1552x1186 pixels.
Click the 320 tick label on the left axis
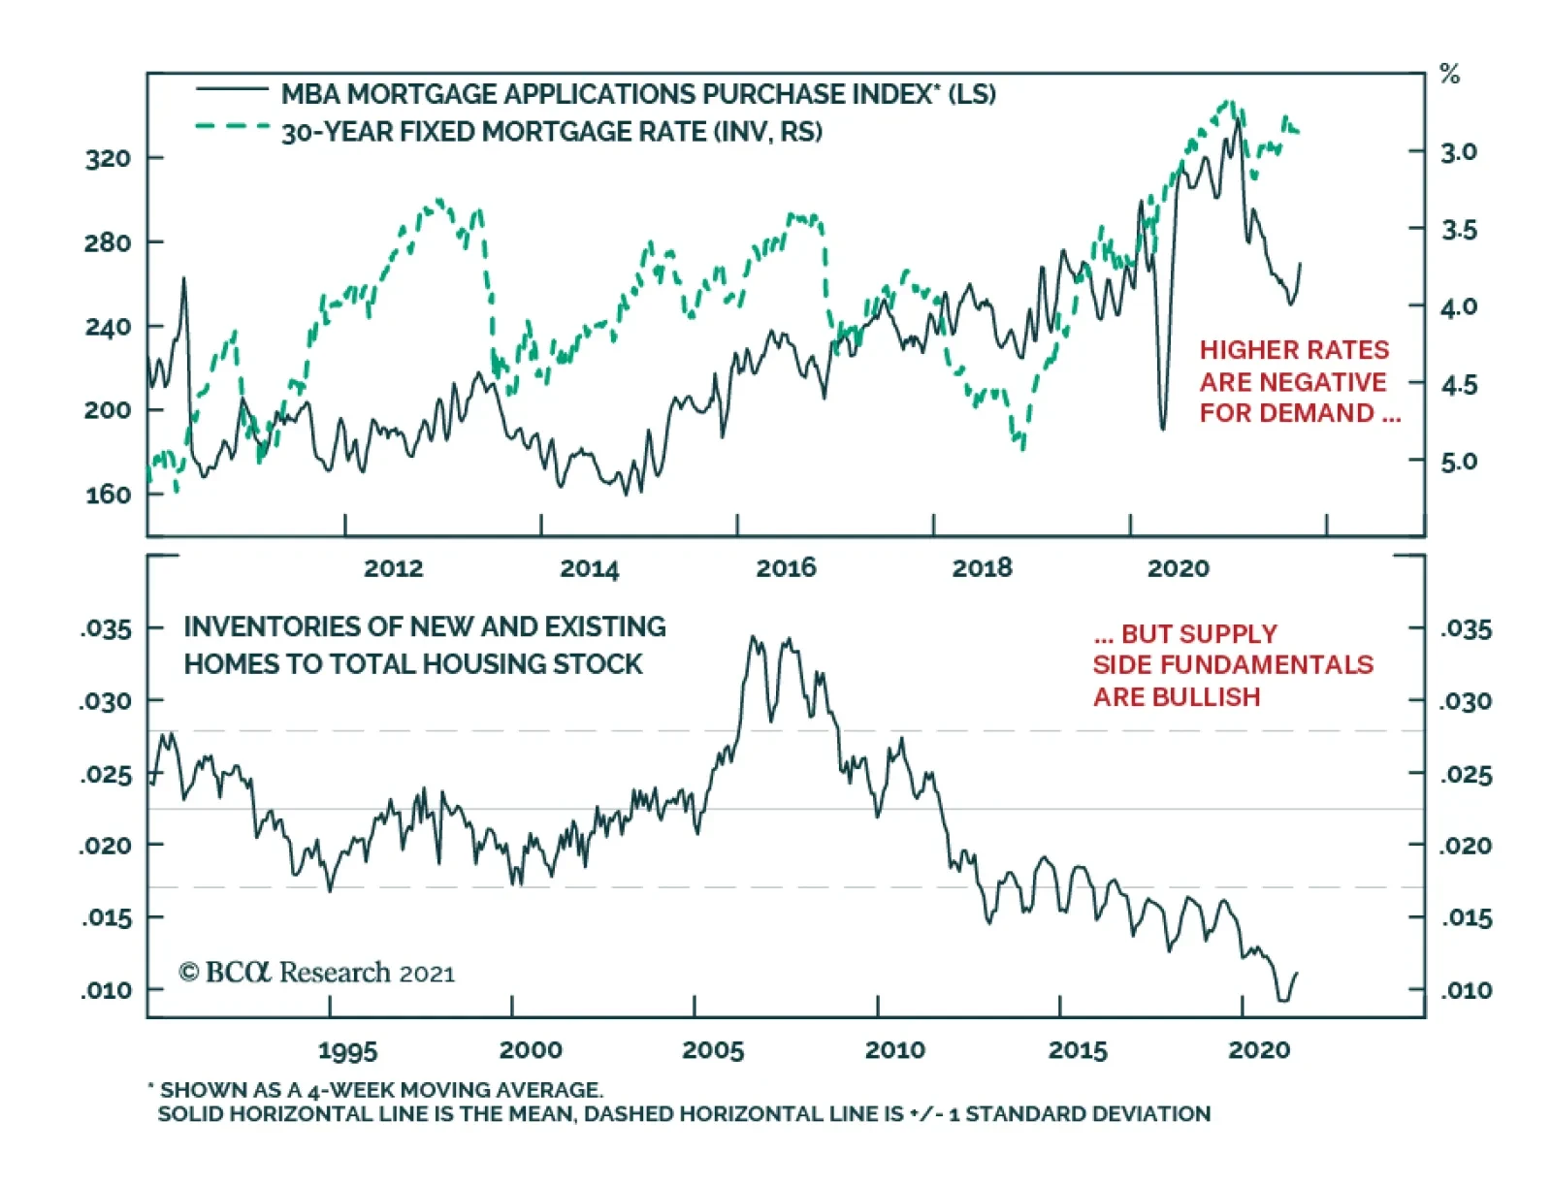click(x=108, y=158)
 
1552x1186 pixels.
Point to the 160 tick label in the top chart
click(x=108, y=495)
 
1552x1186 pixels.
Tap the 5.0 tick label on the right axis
click(x=1459, y=462)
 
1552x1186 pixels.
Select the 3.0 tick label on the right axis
click(x=1459, y=152)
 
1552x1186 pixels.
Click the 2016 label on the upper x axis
click(x=786, y=568)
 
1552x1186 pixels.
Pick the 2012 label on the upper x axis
click(x=393, y=568)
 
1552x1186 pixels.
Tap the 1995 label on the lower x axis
click(x=347, y=1050)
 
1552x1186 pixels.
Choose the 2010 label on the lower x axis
click(x=894, y=1050)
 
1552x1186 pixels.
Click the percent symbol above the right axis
click(x=1449, y=74)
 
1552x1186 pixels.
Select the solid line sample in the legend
click(x=232, y=90)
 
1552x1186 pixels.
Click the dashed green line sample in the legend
click(x=232, y=126)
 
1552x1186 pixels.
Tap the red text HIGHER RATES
click(x=1294, y=350)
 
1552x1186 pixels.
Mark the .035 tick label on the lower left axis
click(x=106, y=629)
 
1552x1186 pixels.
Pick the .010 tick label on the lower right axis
click(x=1465, y=990)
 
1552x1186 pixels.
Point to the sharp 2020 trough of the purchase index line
click(x=1163, y=428)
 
